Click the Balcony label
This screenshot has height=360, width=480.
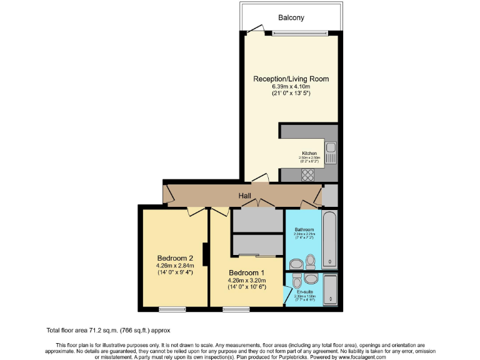(291, 18)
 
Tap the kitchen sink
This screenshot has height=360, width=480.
(331, 153)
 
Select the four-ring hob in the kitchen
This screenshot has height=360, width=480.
(308, 176)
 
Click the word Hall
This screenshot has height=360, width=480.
(245, 196)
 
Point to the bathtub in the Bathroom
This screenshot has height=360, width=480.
(329, 240)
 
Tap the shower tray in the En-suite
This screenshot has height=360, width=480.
(330, 290)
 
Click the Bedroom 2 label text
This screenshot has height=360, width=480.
(175, 258)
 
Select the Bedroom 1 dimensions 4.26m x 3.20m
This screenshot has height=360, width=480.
(246, 280)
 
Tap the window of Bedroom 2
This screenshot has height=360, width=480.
(172, 309)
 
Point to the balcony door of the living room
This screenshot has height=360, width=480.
(255, 30)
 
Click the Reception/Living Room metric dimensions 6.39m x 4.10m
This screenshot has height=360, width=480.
(291, 86)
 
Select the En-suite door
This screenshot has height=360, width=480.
(287, 293)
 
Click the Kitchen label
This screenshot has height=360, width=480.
(309, 153)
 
